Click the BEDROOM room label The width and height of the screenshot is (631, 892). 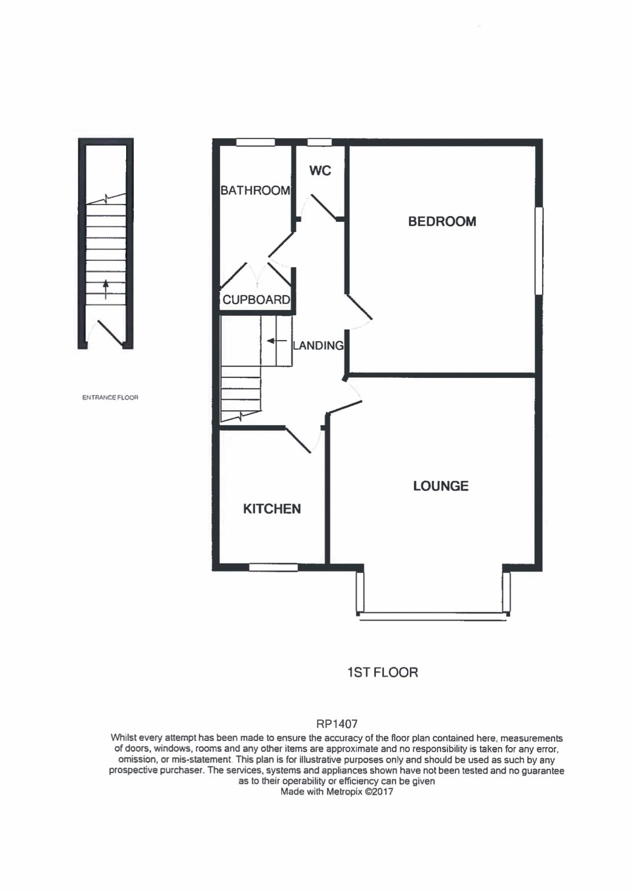tap(442, 222)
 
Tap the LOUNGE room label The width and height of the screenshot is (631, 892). tap(440, 486)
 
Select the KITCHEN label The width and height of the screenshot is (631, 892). tap(272, 509)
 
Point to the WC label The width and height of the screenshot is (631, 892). tap(320, 171)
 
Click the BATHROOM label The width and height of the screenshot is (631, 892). tap(255, 191)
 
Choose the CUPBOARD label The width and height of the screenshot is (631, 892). tap(256, 300)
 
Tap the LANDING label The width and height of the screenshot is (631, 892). tap(318, 346)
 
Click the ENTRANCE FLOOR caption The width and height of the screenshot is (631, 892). tap(110, 398)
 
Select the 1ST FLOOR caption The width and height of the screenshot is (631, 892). tap(382, 672)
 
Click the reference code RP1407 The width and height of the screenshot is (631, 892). tap(337, 724)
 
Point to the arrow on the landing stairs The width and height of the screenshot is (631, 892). tap(275, 341)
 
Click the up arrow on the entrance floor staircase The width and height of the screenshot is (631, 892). tap(106, 289)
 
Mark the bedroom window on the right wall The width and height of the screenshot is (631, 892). tap(539, 250)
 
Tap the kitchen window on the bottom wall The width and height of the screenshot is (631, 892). tap(273, 568)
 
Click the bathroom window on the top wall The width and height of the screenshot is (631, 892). tap(255, 142)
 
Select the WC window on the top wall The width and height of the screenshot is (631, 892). tap(320, 142)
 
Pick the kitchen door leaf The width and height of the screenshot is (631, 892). tap(298, 440)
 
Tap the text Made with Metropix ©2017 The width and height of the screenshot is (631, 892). tap(337, 792)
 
